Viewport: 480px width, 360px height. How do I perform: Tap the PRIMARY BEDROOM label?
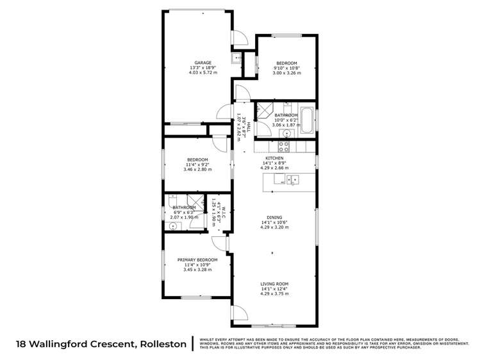tap(197, 259)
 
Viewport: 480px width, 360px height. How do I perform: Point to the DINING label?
tap(274, 217)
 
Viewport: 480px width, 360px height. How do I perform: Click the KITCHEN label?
tap(274, 158)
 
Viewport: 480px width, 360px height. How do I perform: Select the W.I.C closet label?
tap(218, 212)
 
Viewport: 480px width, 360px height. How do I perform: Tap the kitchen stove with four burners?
tap(283, 145)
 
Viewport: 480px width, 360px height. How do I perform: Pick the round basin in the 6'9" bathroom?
tap(172, 226)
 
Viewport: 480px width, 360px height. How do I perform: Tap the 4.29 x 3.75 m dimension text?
tap(274, 293)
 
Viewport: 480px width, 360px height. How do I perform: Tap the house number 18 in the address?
tap(21, 344)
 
